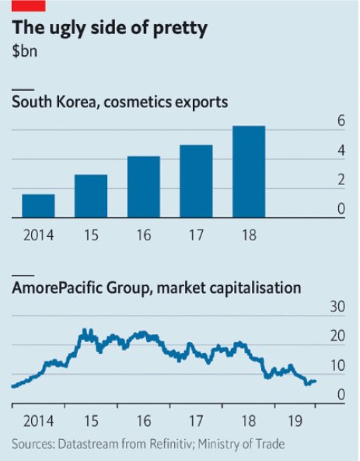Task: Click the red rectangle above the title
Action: [x=29, y=5]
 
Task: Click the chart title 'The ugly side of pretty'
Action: [x=110, y=30]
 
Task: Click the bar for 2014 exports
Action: [x=38, y=207]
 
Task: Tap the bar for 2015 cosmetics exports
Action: [x=91, y=197]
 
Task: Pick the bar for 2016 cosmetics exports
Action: [x=144, y=187]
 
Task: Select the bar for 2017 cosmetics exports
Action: [x=196, y=182]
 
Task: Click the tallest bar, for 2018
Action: [x=249, y=172]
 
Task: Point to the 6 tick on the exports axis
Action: [x=340, y=120]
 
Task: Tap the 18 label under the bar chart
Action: [x=249, y=233]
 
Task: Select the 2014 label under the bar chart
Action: [x=38, y=233]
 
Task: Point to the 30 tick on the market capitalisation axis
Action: [x=337, y=307]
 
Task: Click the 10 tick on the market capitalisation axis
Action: [x=337, y=365]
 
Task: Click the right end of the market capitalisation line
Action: [x=315, y=381]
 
